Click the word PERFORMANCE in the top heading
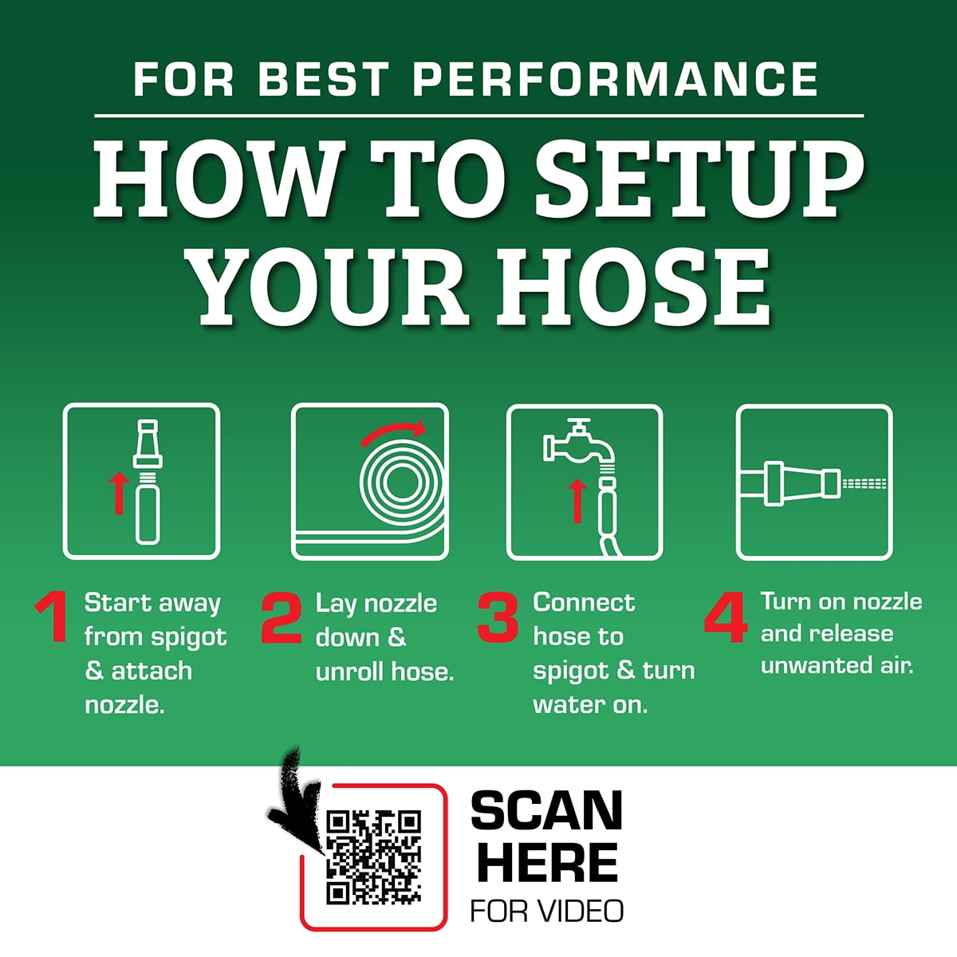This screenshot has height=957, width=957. (x=616, y=79)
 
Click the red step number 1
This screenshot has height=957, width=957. (x=53, y=616)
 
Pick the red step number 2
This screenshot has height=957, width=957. (x=282, y=618)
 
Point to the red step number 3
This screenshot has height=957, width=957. (x=498, y=616)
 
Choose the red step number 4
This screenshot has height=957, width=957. (x=726, y=616)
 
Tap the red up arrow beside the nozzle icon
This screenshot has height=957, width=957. (x=119, y=493)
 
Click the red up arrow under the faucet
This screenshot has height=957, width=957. (x=577, y=501)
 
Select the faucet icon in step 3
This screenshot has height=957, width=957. (x=580, y=444)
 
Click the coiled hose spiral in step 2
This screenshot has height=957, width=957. (x=400, y=482)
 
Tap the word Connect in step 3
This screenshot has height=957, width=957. (x=584, y=603)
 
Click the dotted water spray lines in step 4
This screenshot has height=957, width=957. (x=864, y=483)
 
